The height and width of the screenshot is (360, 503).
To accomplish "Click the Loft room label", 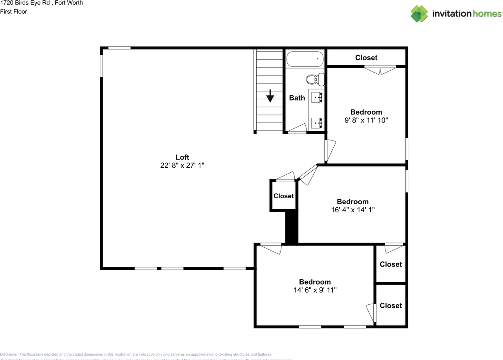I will coord(182,157).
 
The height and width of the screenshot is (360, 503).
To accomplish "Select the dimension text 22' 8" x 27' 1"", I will coord(182,166).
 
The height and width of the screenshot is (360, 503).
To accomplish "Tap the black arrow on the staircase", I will coord(270,96).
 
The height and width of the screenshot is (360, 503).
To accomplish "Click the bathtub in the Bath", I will coord(305,59).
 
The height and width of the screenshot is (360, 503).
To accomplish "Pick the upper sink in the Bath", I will coord(317,97).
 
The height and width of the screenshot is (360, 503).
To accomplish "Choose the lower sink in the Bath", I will coord(317,123).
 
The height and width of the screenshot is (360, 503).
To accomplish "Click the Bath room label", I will coord(297,98).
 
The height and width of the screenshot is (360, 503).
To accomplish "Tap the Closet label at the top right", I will coord(366,58).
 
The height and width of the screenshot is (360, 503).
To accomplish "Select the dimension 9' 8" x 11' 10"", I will coord(366,121).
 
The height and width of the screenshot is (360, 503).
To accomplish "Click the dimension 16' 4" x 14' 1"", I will coord(352,210).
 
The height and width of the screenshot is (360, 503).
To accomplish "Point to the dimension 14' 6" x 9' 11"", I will coord(315,290).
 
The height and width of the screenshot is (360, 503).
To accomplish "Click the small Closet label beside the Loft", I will coord(283,196).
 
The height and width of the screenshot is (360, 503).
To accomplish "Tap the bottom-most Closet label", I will coord(391,305).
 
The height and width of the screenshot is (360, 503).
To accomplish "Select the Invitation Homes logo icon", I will coord(419,14).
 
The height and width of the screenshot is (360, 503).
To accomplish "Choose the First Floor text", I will coord(13,12).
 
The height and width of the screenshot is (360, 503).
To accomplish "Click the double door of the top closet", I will coord(380,70).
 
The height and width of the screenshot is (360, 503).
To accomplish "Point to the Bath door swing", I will coord(297,128).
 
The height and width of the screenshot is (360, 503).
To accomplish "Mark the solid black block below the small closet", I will coord(291,228).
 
